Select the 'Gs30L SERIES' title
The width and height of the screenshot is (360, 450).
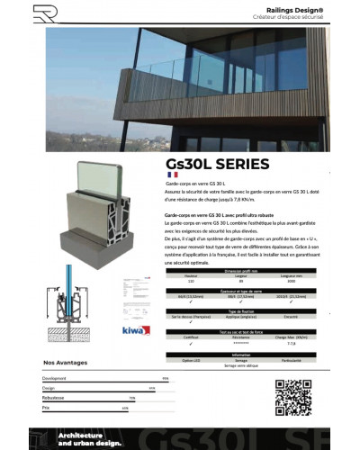pos(217,164)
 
